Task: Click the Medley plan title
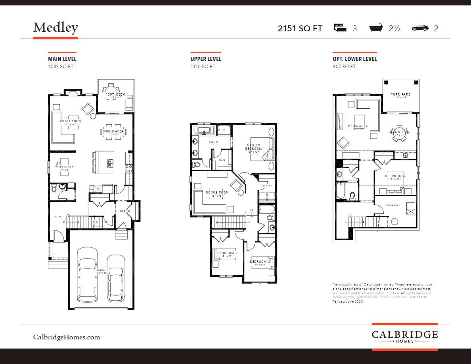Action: click(x=56, y=27)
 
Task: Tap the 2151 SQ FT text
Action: click(x=300, y=29)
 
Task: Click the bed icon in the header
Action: click(x=340, y=28)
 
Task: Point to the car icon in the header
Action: click(x=420, y=28)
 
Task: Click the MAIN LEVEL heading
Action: click(x=62, y=59)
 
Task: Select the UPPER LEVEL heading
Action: click(x=206, y=59)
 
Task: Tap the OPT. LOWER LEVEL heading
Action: click(x=355, y=59)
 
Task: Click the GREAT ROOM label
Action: click(x=71, y=121)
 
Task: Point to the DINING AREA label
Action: click(x=114, y=131)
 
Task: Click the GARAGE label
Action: click(x=102, y=270)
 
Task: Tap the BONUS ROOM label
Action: click(x=217, y=192)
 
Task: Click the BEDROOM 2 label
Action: click(x=227, y=253)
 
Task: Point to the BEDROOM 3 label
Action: click(x=260, y=262)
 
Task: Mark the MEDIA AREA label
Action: click(x=358, y=126)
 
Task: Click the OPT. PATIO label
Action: click(x=401, y=94)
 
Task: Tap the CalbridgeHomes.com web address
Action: click(x=67, y=337)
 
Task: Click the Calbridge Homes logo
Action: click(x=404, y=336)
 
